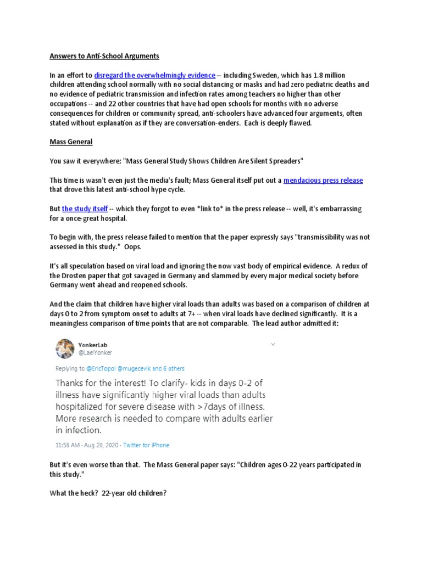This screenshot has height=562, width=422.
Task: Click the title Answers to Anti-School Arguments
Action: (x=105, y=55)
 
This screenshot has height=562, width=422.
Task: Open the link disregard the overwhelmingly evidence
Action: (x=154, y=75)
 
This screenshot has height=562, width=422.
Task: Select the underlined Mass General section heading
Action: (x=71, y=142)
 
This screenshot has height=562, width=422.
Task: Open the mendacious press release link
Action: (x=323, y=181)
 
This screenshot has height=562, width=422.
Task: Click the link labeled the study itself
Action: (x=85, y=210)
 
